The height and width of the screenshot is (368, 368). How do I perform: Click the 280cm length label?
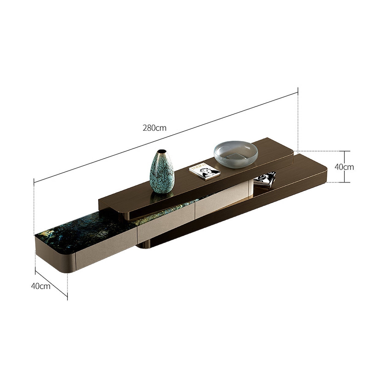click(x=155, y=128)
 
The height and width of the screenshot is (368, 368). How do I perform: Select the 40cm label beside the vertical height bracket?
click(x=344, y=167)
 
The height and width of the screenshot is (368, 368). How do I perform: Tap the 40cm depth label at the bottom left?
click(x=40, y=286)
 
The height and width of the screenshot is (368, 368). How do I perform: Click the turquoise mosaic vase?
click(x=162, y=173)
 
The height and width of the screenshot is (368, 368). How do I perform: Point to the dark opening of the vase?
click(x=162, y=151)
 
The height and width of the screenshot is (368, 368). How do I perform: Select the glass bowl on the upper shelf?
click(x=236, y=154)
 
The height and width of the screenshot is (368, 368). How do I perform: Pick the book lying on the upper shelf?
click(x=204, y=171)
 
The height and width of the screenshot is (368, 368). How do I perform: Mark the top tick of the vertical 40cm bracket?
click(x=345, y=151)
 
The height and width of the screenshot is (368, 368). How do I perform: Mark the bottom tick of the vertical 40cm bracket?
click(x=345, y=182)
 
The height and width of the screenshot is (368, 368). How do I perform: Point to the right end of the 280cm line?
click(x=298, y=92)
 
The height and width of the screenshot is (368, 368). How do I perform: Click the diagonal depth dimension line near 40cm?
click(x=52, y=283)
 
